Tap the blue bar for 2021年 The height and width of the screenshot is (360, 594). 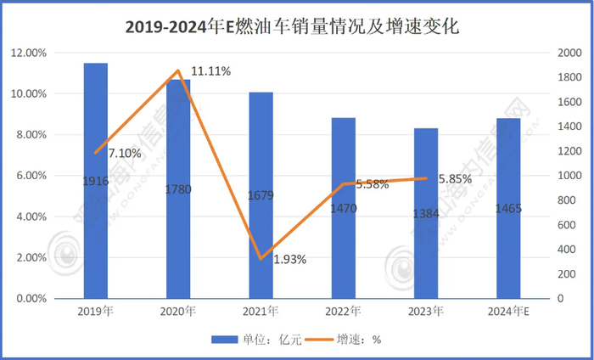click(261, 195)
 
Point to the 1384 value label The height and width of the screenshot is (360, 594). click(426, 211)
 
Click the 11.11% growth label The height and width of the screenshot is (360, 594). click(210, 71)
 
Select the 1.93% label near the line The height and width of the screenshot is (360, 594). click(289, 259)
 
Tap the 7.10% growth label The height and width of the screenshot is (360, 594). click(124, 153)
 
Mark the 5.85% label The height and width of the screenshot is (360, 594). click(455, 179)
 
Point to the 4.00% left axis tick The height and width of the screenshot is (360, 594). click(31, 217)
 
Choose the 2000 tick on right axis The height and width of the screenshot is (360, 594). click(563, 53)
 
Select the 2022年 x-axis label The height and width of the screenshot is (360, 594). click(343, 312)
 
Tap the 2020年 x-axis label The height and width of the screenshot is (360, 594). click(178, 312)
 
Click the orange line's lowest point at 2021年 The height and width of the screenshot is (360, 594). click(261, 258)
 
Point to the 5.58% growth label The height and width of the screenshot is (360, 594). click(374, 183)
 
